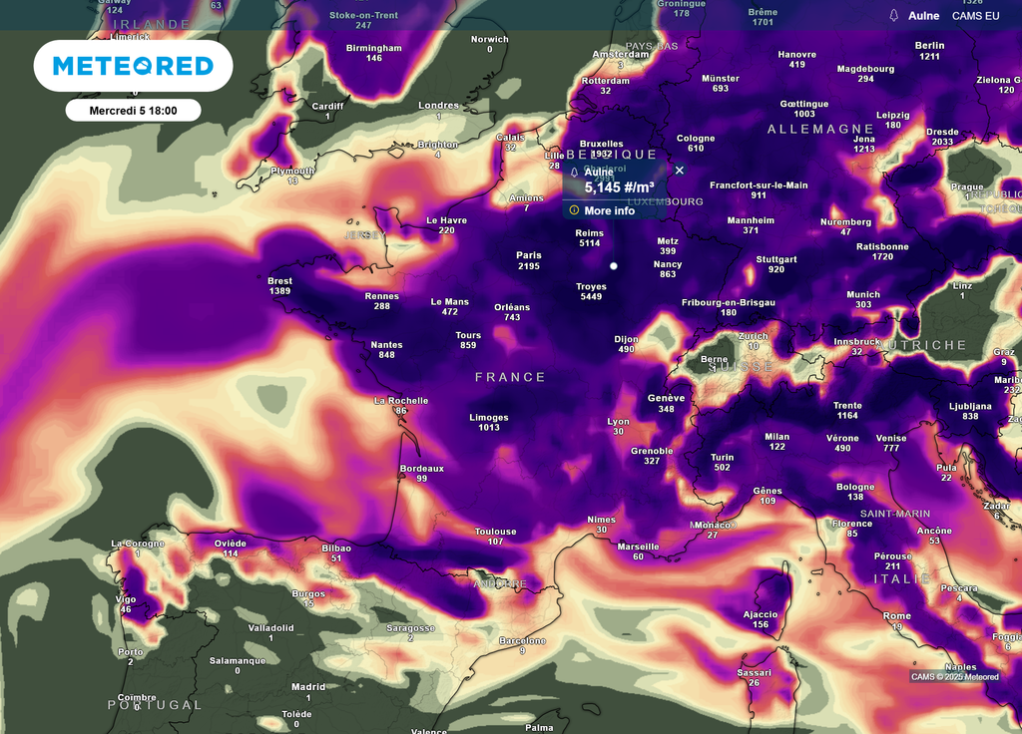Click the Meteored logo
[x=133, y=66]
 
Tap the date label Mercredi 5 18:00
[x=133, y=111]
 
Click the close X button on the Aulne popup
[x=680, y=171]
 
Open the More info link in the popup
[x=609, y=210]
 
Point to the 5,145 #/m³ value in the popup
[x=619, y=187]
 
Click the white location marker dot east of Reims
[x=614, y=266]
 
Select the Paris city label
[x=529, y=255]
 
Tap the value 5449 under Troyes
[x=591, y=297]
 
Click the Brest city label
[x=279, y=281]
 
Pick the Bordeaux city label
[x=421, y=468]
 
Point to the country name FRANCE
[x=510, y=377]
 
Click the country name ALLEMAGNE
[x=820, y=130]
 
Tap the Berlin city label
[x=929, y=46]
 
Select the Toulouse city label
[x=495, y=532]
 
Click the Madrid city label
[x=308, y=686]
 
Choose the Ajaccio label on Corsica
[x=761, y=614]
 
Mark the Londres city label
[x=438, y=106]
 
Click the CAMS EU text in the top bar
[x=975, y=16]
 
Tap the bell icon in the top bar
[x=893, y=16]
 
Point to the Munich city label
[x=863, y=294]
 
